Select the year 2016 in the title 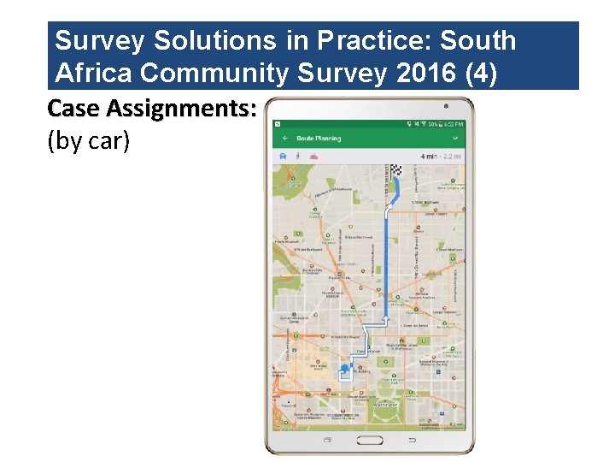pyautogui.click(x=427, y=74)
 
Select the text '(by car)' pyautogui.click(x=89, y=140)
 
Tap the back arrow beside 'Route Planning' pyautogui.click(x=284, y=138)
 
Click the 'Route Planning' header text pyautogui.click(x=318, y=138)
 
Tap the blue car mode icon pyautogui.click(x=283, y=157)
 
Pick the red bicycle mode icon pyautogui.click(x=313, y=157)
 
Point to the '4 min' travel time pyautogui.click(x=429, y=157)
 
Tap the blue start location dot pyautogui.click(x=345, y=369)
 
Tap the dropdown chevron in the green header pyautogui.click(x=456, y=138)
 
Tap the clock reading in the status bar pyautogui.click(x=455, y=125)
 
